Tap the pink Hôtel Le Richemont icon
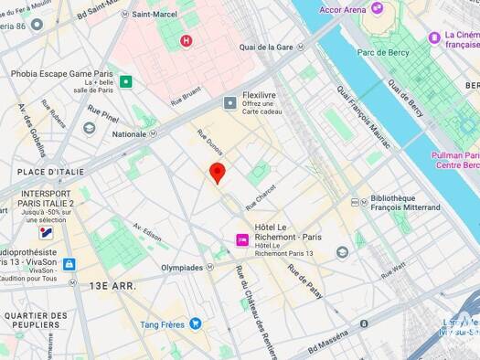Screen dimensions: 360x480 click(242, 239)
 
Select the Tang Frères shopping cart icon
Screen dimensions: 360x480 click(195, 323)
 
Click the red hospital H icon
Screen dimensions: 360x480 click(187, 40)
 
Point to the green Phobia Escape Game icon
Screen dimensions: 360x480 click(125, 81)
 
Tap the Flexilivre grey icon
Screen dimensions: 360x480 click(230, 102)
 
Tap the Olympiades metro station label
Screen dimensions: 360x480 click(183, 268)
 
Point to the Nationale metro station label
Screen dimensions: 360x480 click(129, 134)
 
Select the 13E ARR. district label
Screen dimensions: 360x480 click(112, 286)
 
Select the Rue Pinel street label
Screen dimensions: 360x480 click(103, 117)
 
